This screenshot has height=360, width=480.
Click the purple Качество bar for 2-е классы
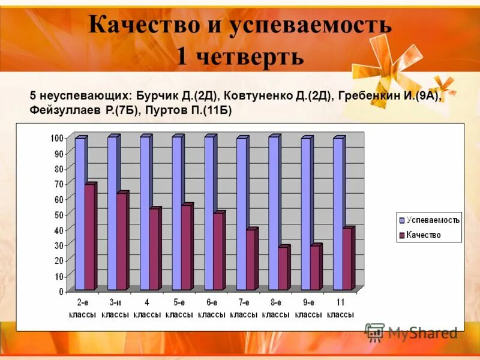[x=89, y=237]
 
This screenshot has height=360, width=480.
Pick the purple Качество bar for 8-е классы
[x=283, y=268]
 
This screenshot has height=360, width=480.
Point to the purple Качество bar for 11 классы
[x=347, y=259]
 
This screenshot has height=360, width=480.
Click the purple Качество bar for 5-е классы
[x=186, y=248]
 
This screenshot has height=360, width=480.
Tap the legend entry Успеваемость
[x=432, y=220]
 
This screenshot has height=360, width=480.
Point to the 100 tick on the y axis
[x=56, y=139]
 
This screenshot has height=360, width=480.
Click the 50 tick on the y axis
[x=58, y=215]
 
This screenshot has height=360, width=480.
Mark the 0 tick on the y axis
[x=61, y=292]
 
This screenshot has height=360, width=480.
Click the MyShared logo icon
[x=374, y=332]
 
